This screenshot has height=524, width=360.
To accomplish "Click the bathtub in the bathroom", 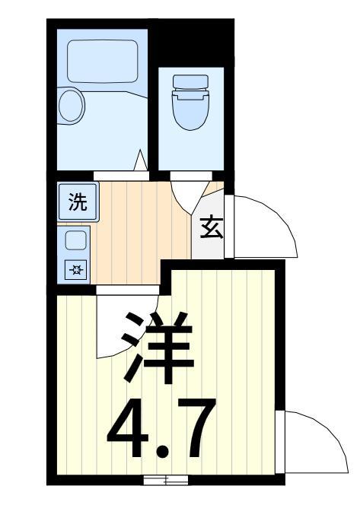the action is coord(103,61).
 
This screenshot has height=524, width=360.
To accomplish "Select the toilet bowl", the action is coord(190,110).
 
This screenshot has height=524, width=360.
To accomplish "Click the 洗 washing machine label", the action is coord(78,202).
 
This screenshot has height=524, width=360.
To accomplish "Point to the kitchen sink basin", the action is coord(75,240).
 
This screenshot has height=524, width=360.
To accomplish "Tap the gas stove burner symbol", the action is coord(75,269).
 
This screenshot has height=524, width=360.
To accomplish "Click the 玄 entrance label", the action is coord(212,227).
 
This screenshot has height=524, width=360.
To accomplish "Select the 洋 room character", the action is coord(158,348).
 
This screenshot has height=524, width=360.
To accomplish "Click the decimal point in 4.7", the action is coord(164,452).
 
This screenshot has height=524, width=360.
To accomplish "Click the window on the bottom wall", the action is coord(166,480).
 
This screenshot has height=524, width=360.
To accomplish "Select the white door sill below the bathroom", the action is coord(121,176).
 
